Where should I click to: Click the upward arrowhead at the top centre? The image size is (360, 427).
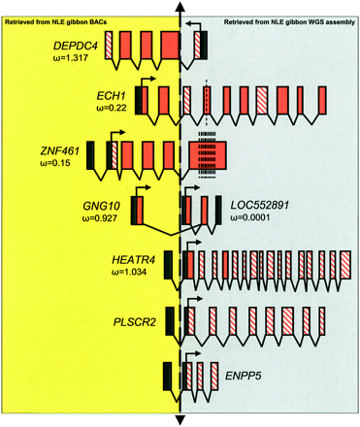pos(180,7)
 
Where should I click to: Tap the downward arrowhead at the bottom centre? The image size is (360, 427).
pos(180,418)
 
